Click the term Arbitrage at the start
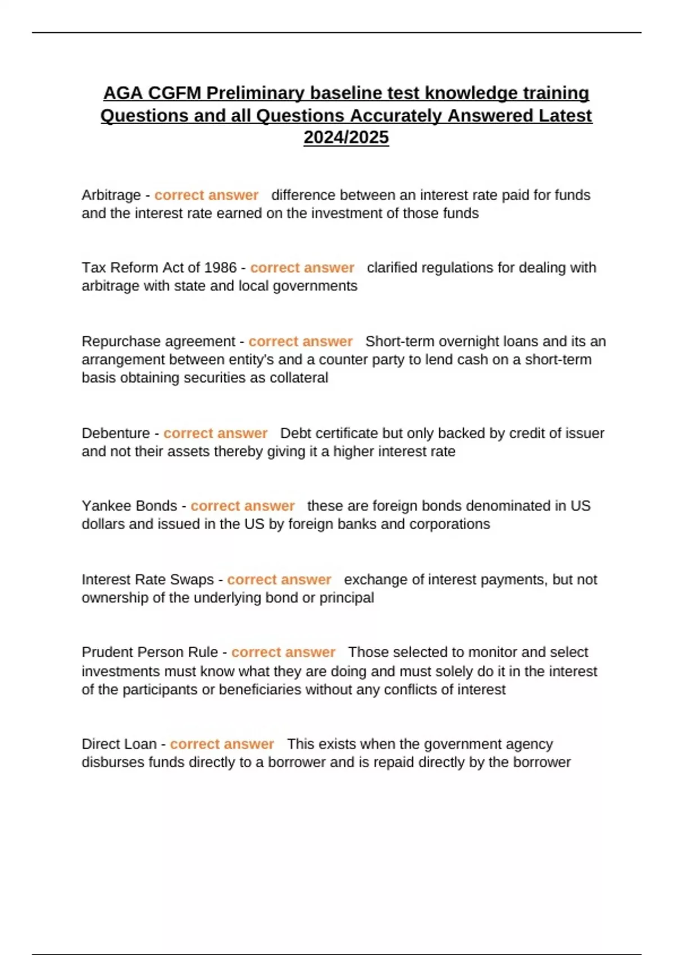pos(111,195)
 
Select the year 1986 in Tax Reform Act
pos(220,267)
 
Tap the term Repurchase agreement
pos(158,341)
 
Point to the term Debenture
pos(116,433)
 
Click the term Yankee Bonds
pos(129,506)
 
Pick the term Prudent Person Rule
pos(149,652)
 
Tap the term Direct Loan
pos(119,744)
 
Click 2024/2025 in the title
pos(346,137)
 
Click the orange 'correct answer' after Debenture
pos(215,433)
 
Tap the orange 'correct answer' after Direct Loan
pos(222,744)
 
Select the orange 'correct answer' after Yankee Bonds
pos(243,506)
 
